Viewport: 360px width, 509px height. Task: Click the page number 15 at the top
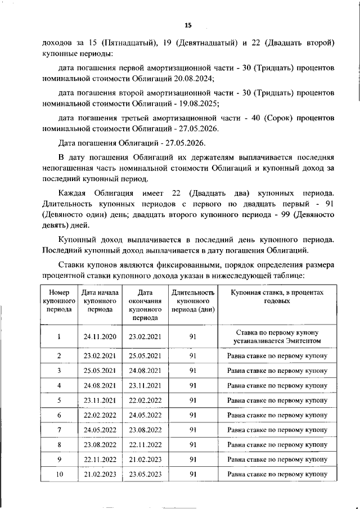pos(188,25)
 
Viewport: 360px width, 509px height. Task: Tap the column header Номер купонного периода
pos(58,301)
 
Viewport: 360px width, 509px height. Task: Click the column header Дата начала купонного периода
pos(100,301)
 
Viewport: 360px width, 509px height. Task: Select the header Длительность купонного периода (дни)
pos(192,301)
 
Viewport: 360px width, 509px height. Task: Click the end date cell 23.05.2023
pos(145,474)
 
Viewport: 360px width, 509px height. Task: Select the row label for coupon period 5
pos(58,400)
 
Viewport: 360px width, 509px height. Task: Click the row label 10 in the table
pos(58,474)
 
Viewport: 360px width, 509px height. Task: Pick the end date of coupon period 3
pos(145,370)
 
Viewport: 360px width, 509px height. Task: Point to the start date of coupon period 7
pos(100,430)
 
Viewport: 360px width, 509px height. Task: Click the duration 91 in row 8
pos(192,444)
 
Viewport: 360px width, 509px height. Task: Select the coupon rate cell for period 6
pos(277,415)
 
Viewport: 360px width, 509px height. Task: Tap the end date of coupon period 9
pos(145,460)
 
